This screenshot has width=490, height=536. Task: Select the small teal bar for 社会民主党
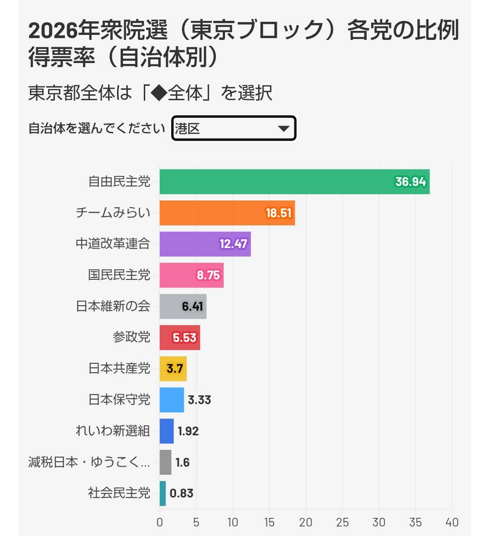point(162,493)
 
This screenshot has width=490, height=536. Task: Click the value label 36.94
point(410,182)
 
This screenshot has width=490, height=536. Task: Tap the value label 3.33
point(199,400)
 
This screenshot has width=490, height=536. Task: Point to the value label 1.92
point(188,431)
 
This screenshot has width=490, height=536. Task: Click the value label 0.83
point(181,493)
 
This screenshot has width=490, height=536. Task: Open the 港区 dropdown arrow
point(284,129)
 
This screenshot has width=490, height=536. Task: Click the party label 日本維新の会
point(113,306)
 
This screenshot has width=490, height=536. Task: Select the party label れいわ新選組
point(113,431)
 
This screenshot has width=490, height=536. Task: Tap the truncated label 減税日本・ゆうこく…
point(89,462)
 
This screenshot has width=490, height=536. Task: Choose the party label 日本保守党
point(119,400)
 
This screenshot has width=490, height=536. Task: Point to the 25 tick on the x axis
point(343,522)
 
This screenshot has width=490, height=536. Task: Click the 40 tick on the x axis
point(452,522)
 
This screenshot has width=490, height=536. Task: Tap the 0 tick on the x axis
point(160,522)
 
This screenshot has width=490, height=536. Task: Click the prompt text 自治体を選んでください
point(97,129)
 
